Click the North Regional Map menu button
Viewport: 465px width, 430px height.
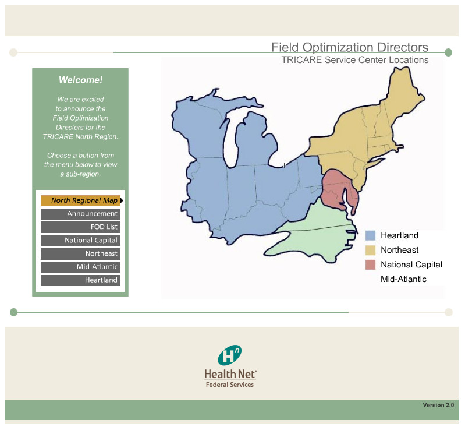coord(81,200)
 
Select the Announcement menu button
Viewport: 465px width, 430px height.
coord(81,214)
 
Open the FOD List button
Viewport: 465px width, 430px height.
coord(81,227)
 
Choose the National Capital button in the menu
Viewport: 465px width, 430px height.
coord(81,241)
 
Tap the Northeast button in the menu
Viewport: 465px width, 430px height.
coord(81,254)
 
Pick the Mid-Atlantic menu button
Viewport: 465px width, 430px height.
coord(81,267)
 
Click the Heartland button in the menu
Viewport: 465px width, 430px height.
coord(81,280)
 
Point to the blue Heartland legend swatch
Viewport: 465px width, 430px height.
coord(370,235)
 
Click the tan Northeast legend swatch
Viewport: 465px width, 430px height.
coord(370,250)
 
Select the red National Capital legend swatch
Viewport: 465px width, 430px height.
coord(370,265)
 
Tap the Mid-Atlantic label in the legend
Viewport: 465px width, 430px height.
coord(403,279)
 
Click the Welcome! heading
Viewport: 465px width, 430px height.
coord(80,80)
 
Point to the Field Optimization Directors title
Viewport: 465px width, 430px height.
coord(350,47)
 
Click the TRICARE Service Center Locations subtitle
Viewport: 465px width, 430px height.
coord(354,59)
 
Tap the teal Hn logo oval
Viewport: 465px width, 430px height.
coord(229,355)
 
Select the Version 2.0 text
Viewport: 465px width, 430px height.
coord(438,405)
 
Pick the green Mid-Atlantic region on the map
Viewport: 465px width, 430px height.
coord(314,235)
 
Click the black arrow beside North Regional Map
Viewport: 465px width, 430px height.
coord(122,200)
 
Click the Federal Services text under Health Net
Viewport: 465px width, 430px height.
coord(230,385)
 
